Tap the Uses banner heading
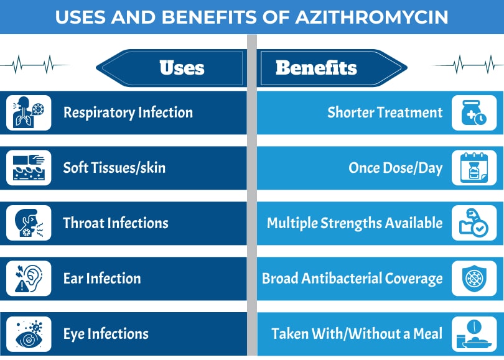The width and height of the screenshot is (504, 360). (x=182, y=67)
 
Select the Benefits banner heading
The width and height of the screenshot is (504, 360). (x=316, y=67)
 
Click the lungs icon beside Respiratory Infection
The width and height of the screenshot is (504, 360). (x=29, y=113)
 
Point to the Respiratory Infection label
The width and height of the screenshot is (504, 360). (x=128, y=113)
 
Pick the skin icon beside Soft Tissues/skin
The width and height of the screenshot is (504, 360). (x=29, y=168)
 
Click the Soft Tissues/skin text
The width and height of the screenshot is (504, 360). (x=114, y=167)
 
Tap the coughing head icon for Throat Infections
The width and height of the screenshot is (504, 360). (x=29, y=223)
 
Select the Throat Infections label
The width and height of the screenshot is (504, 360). (x=116, y=223)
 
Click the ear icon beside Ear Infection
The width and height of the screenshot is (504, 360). (x=29, y=278)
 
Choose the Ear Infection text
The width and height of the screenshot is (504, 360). (x=102, y=278)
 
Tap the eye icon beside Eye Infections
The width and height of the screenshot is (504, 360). (x=29, y=334)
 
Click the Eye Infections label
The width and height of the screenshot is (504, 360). (x=106, y=333)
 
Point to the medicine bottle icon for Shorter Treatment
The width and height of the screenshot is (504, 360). (x=474, y=113)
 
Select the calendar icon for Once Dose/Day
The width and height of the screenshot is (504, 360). (x=474, y=168)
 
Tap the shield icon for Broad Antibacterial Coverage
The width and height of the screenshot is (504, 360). (x=474, y=278)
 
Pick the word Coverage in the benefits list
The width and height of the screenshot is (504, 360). (x=413, y=278)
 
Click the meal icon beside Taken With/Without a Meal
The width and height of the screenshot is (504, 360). (x=474, y=334)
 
